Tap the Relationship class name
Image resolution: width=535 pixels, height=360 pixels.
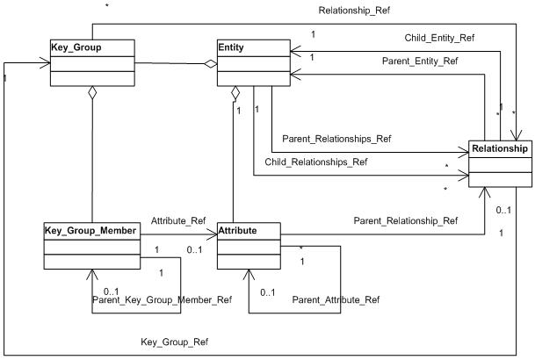[x=499, y=148]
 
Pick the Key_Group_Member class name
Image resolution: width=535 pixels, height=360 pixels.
[x=90, y=231]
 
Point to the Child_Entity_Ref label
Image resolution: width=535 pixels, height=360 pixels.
[x=414, y=39]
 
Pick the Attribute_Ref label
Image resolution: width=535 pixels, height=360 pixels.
[x=178, y=220]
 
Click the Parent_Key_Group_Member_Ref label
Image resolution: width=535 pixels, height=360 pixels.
[x=155, y=299]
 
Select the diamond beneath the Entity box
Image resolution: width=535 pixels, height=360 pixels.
[x=235, y=92]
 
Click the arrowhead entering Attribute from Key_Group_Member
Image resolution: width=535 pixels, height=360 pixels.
[x=212, y=234]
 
